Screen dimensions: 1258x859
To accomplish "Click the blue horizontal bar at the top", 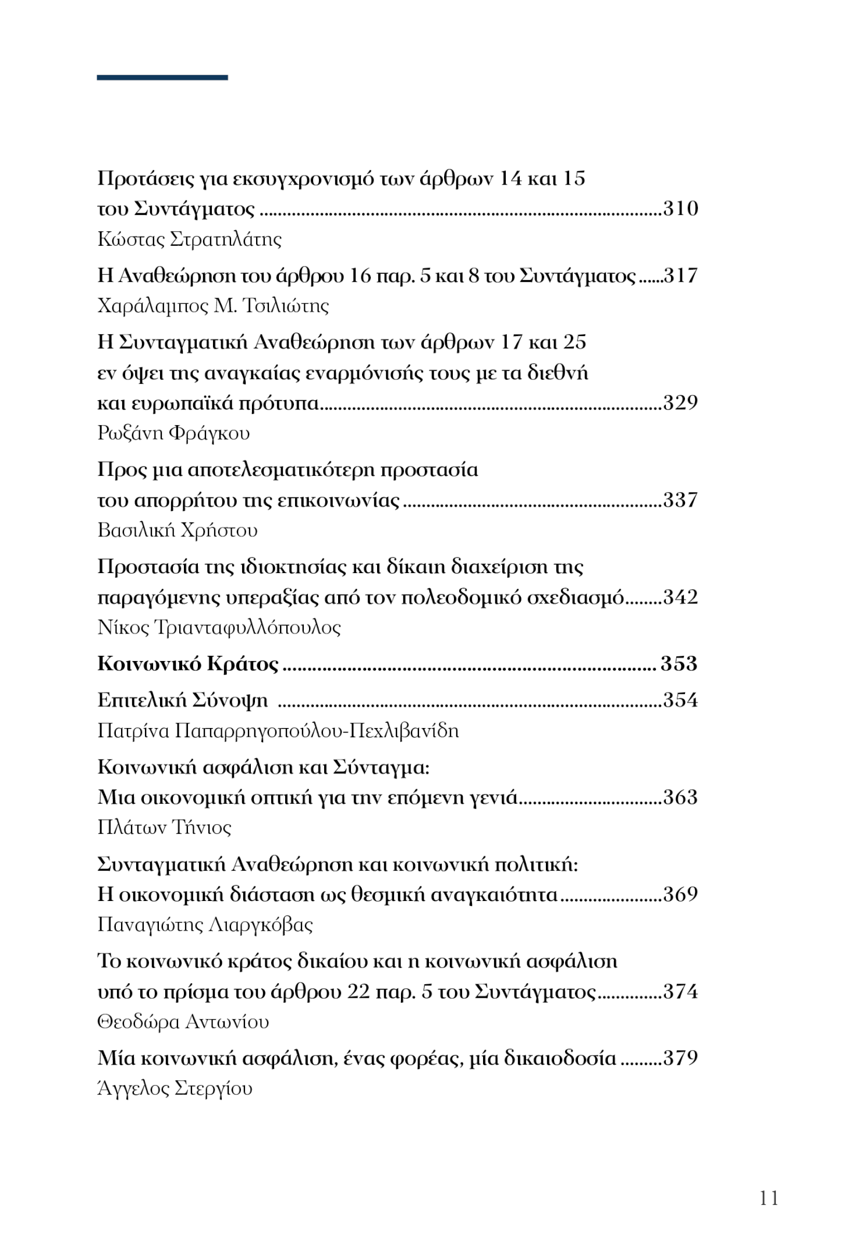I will click(x=162, y=77).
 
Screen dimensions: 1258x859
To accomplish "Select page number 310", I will click(x=680, y=209).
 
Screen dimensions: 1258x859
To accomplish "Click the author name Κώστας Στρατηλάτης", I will click(x=190, y=239).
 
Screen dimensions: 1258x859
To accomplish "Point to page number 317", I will click(x=680, y=275).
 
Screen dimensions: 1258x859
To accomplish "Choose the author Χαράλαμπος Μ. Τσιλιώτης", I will click(x=213, y=306).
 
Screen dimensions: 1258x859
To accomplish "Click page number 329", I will click(x=680, y=402).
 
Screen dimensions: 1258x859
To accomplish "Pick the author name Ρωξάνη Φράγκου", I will click(x=173, y=433).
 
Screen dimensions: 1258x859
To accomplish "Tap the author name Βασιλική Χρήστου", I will click(x=178, y=530).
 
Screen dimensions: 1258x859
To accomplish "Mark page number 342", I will click(x=680, y=597).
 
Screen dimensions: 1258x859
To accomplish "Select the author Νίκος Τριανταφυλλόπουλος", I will click(x=219, y=627).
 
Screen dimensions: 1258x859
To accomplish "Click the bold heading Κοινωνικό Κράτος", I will click(x=188, y=664).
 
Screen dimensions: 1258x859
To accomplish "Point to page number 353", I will click(x=679, y=664).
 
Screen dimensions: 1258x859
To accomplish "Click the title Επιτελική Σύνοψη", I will click(x=183, y=700).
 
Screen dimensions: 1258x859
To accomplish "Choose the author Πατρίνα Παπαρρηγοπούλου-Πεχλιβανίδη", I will click(x=278, y=730).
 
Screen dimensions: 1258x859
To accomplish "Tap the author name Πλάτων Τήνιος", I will click(x=164, y=828).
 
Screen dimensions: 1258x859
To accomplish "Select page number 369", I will click(x=680, y=894).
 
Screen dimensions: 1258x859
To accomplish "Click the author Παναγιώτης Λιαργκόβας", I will click(x=205, y=925).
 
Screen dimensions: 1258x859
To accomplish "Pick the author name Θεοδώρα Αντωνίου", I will click(x=183, y=1022).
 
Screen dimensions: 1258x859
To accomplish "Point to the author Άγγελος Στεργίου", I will click(x=175, y=1089).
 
